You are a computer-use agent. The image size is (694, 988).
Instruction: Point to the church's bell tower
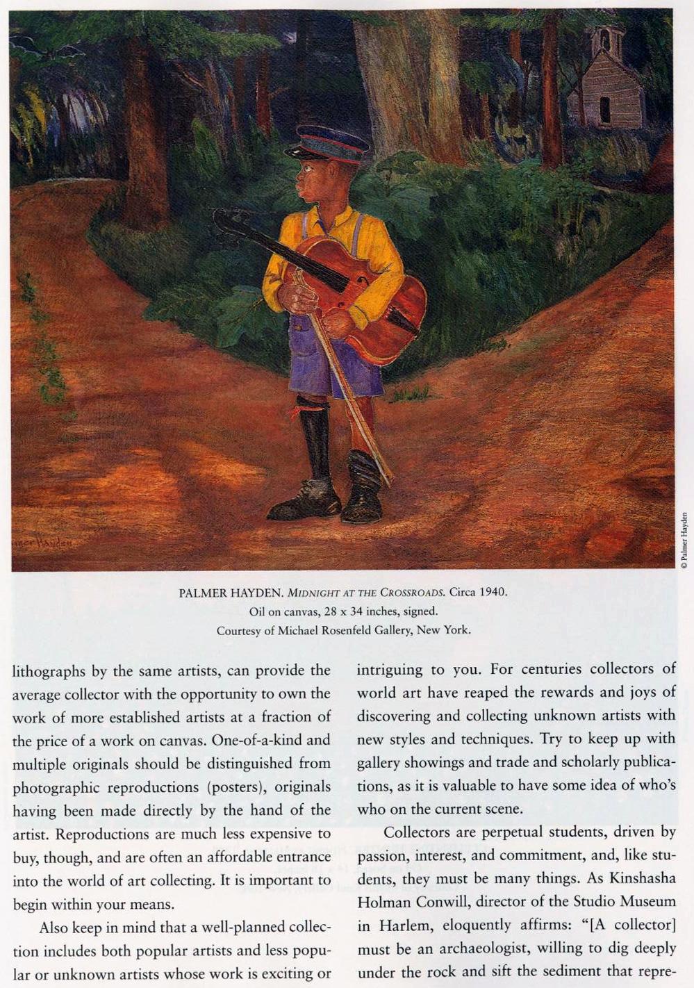pyautogui.click(x=606, y=41)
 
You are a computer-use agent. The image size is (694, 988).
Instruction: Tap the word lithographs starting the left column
pyautogui.click(x=49, y=671)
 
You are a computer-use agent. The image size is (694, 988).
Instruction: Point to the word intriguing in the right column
pyautogui.click(x=390, y=669)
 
